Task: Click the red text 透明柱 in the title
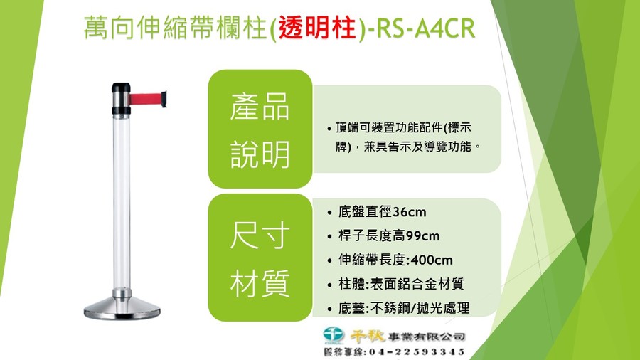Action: [317, 28]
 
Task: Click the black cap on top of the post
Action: [121, 88]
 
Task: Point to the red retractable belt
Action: [145, 99]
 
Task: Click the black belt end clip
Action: [164, 99]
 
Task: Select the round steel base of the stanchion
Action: [122, 308]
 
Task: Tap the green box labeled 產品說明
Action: [260, 129]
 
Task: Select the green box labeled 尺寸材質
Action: [260, 258]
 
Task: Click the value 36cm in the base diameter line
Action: [410, 212]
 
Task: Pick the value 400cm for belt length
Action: [432, 260]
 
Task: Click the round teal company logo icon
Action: [334, 335]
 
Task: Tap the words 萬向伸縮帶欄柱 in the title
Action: [175, 28]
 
